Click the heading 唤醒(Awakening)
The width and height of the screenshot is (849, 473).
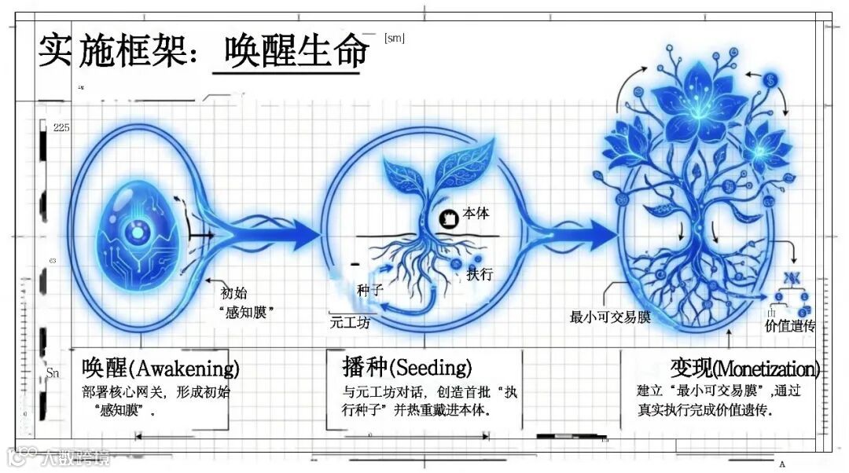160,368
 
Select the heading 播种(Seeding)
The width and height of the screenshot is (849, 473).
407,367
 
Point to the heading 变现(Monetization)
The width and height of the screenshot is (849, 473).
744,368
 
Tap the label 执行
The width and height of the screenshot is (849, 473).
480,274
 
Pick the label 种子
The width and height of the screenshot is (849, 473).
369,290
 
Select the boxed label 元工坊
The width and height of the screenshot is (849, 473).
351,322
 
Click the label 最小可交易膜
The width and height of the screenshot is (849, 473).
611,317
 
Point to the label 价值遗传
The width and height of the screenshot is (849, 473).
790,325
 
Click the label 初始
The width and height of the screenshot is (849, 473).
234,293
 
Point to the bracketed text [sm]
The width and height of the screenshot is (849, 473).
395,38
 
